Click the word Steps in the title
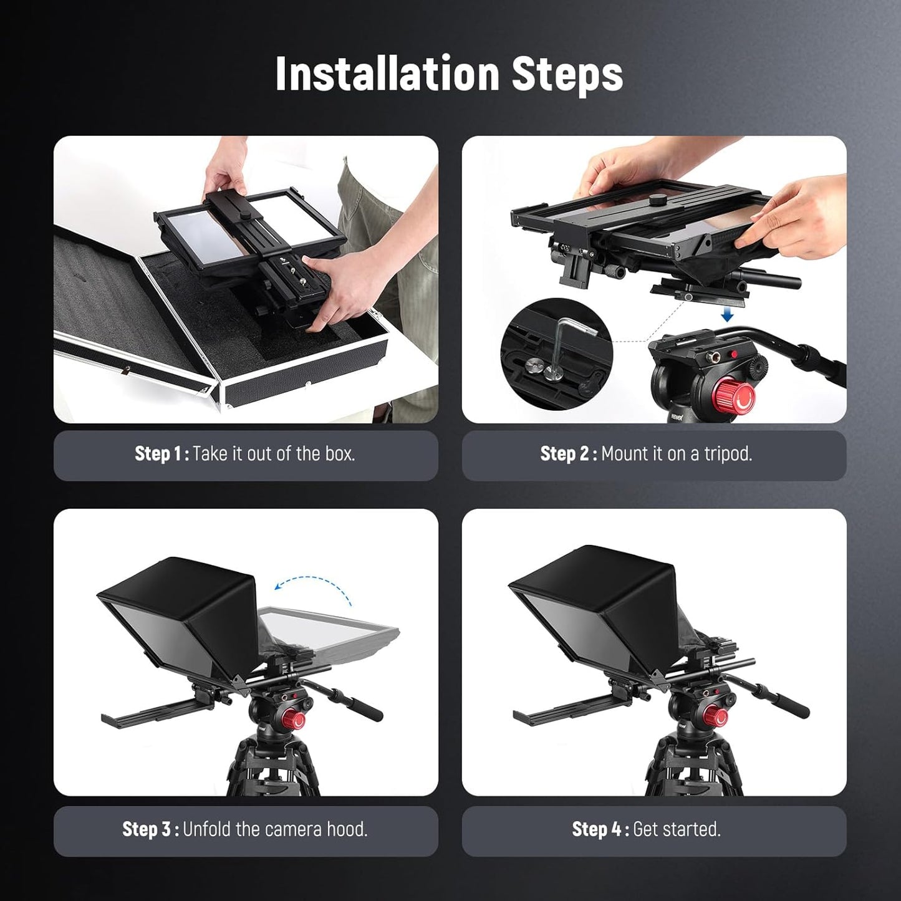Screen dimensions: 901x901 point(567,74)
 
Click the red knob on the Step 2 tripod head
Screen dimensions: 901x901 point(735,397)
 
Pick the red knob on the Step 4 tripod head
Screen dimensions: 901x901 point(718,717)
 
